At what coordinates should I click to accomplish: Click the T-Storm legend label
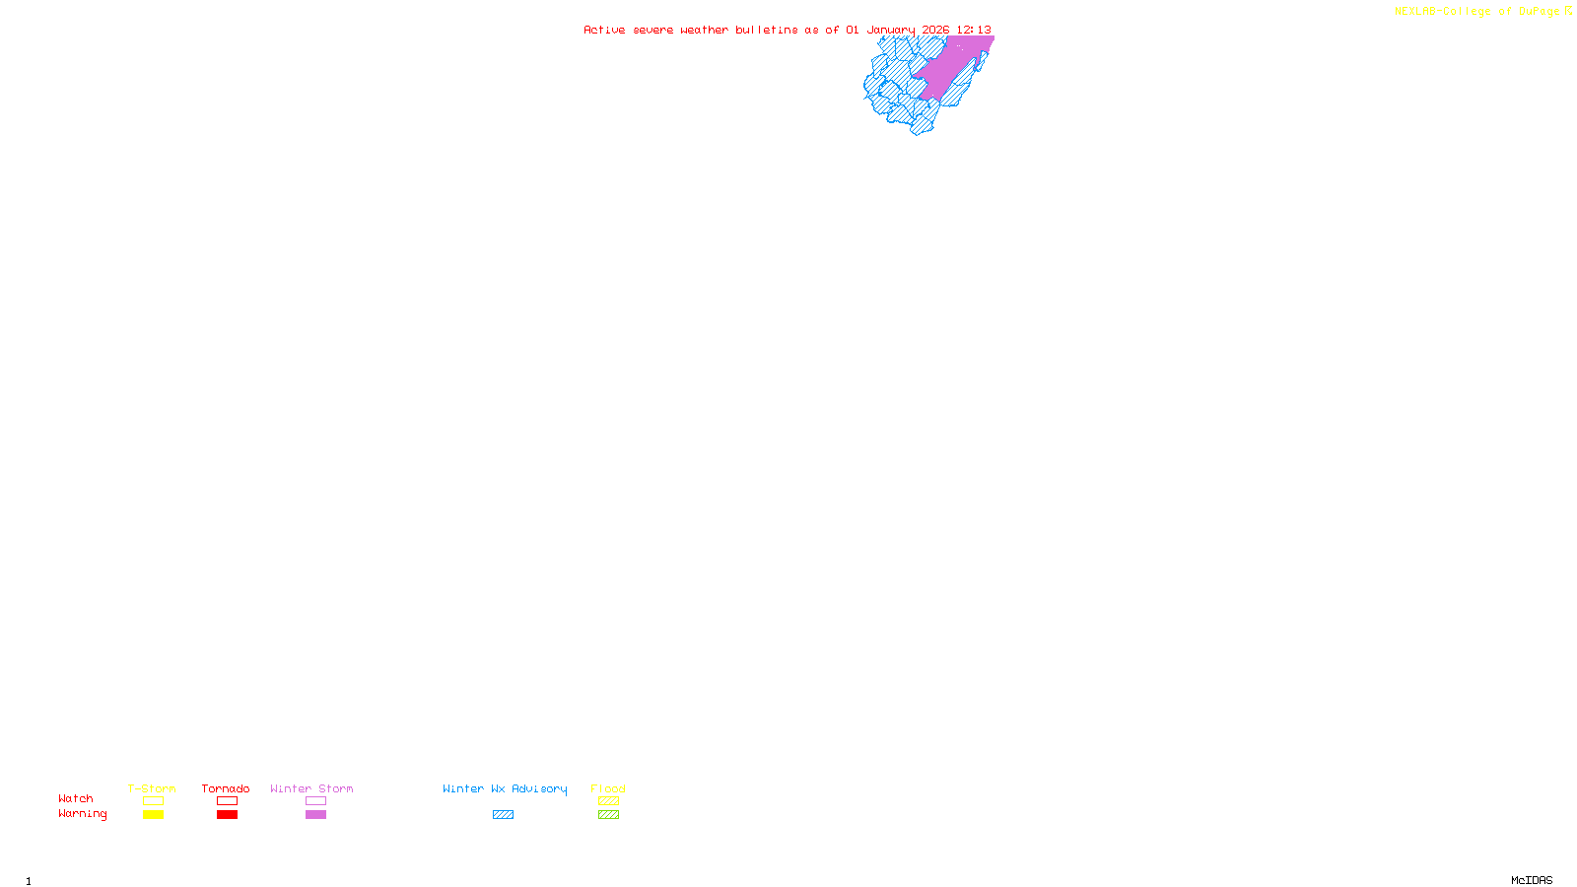click(152, 788)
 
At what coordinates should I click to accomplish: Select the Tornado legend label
click(226, 788)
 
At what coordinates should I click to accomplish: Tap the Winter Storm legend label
click(311, 788)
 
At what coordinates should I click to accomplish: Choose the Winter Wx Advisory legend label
click(505, 788)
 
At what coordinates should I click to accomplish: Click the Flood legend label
click(608, 788)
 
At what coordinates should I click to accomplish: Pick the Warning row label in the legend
click(83, 814)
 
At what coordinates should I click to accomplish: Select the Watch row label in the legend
click(76, 798)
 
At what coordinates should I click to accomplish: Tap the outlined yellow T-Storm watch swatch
click(153, 801)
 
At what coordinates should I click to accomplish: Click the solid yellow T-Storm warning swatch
click(153, 815)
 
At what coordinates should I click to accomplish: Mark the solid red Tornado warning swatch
click(228, 815)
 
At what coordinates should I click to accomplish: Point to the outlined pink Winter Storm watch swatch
click(315, 801)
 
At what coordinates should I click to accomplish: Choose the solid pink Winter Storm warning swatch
click(315, 815)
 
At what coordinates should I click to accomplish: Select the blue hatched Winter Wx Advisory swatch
click(503, 815)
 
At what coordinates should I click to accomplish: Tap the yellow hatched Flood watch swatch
click(608, 801)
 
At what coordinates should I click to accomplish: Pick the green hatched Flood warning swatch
click(608, 815)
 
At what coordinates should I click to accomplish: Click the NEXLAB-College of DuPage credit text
click(1477, 12)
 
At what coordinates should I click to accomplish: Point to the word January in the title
click(891, 30)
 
